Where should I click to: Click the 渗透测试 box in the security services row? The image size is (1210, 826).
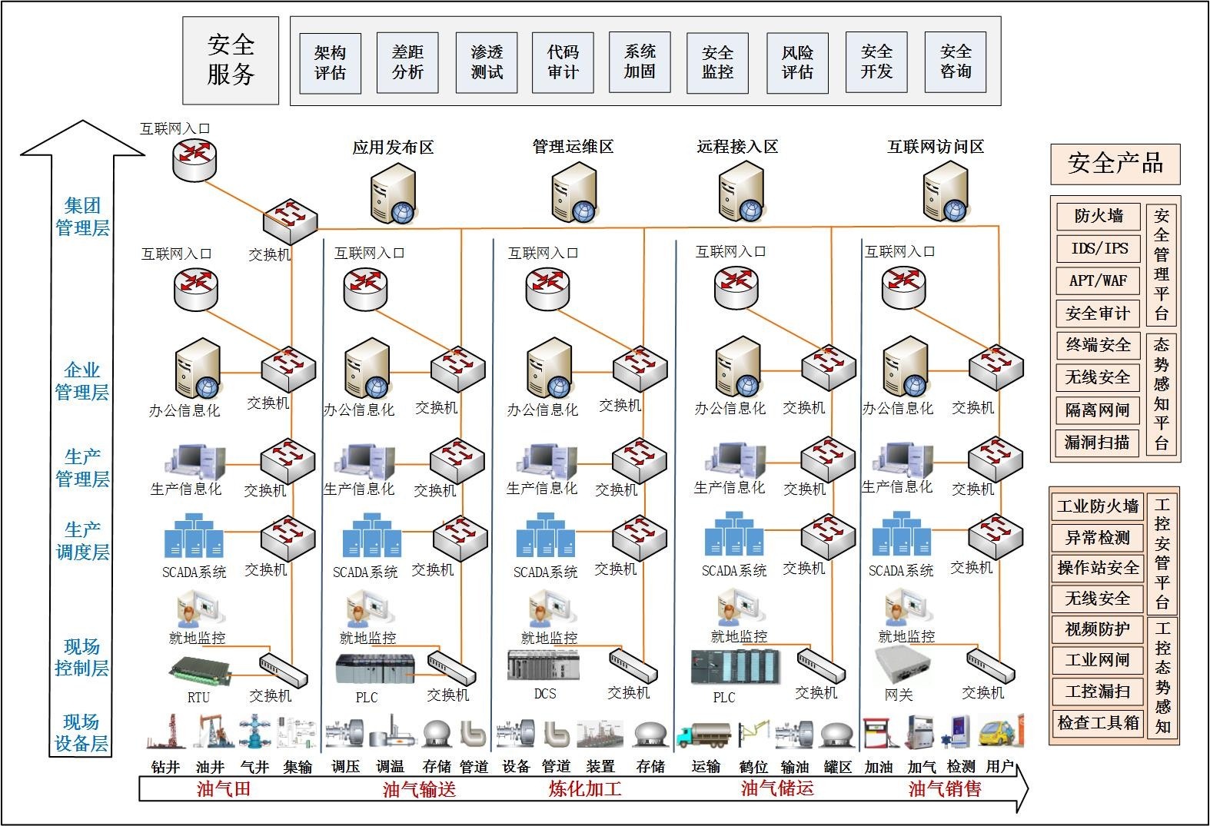tap(487, 62)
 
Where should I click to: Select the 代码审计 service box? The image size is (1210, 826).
tap(563, 62)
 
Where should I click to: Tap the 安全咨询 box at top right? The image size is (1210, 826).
tap(956, 62)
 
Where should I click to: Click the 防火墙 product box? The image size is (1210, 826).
tap(1098, 217)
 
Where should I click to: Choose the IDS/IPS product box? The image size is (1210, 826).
tap(1098, 248)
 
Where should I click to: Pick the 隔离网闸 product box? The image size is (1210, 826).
tap(1098, 410)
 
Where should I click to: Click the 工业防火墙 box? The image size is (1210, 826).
tap(1097, 506)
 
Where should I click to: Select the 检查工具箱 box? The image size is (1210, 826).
tap(1097, 722)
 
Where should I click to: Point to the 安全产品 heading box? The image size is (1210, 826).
tap(1115, 164)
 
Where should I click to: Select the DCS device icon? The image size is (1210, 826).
tap(544, 665)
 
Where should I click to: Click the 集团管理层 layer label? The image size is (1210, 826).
tap(82, 217)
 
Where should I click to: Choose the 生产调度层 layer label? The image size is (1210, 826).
tap(82, 541)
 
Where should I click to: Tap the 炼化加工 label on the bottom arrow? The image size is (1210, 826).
tap(585, 789)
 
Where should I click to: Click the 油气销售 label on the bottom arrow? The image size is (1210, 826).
tap(945, 789)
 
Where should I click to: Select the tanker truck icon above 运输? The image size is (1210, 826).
tap(704, 735)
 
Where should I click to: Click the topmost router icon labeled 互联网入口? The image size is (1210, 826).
tap(194, 159)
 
